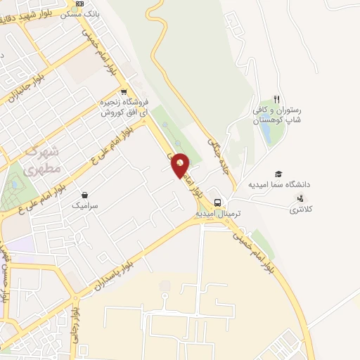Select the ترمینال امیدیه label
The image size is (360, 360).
pyautogui.click(x=218, y=212)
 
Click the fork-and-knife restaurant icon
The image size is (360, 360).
pyautogui.click(x=277, y=100)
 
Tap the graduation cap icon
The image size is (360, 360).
pyautogui.click(x=278, y=174)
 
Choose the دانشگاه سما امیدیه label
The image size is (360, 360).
pyautogui.click(x=278, y=185)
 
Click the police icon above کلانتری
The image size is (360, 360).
pyautogui.click(x=301, y=198)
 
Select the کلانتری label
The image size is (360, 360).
pyautogui.click(x=304, y=210)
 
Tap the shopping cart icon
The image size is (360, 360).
pyautogui.click(x=124, y=92)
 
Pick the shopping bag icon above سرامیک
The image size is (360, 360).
pyautogui.click(x=85, y=195)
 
